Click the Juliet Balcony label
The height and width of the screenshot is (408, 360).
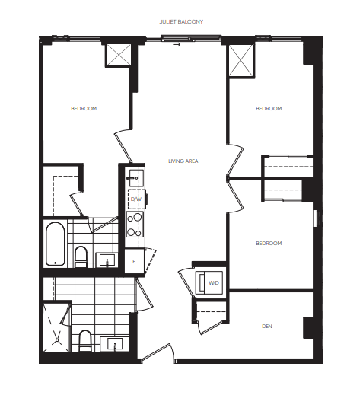pyautogui.click(x=181, y=21)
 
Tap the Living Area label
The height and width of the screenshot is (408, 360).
pyautogui.click(x=183, y=161)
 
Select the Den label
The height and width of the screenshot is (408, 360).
pyautogui.click(x=267, y=327)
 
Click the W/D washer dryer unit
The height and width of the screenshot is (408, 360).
pyautogui.click(x=209, y=282)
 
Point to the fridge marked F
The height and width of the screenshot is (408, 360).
pyautogui.click(x=134, y=261)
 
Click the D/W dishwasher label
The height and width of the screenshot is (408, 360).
pyautogui.click(x=136, y=199)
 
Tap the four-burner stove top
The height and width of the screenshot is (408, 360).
pyautogui.click(x=135, y=225)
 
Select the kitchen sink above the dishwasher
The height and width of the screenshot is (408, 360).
pyautogui.click(x=136, y=178)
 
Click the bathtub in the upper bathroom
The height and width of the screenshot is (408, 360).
pyautogui.click(x=56, y=244)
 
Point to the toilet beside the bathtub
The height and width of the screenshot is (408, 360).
pyautogui.click(x=81, y=257)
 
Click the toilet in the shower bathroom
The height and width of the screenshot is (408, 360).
pyautogui.click(x=85, y=340)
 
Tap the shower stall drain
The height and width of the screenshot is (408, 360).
pyautogui.click(x=57, y=340)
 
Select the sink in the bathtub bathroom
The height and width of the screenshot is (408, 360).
pyautogui.click(x=107, y=260)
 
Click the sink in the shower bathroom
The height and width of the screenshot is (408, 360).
pyautogui.click(x=115, y=344)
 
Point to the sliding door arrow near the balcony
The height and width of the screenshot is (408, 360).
pyautogui.click(x=177, y=45)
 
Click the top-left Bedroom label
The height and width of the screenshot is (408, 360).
pyautogui.click(x=84, y=109)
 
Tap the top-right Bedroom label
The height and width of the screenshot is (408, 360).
pyautogui.click(x=269, y=109)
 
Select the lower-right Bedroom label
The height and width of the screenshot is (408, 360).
pyautogui.click(x=269, y=244)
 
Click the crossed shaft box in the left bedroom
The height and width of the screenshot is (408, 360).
pyautogui.click(x=119, y=55)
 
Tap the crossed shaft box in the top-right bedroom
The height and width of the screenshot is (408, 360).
pyautogui.click(x=241, y=60)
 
